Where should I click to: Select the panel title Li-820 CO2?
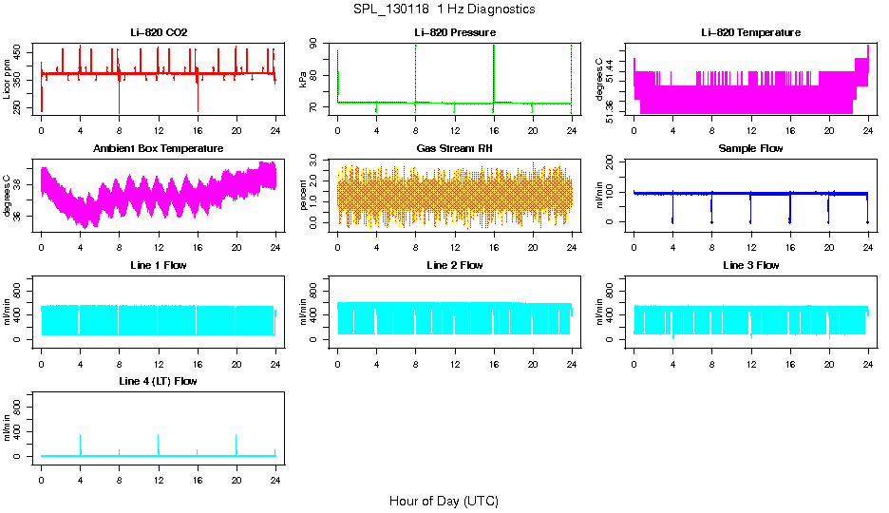pos(159,33)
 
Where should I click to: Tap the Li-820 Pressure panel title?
pos(455,33)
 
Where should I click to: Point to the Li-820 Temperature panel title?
pos(750,33)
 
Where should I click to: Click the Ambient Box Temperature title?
pos(159,149)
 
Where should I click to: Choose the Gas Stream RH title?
pos(455,149)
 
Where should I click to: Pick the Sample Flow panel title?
pos(750,149)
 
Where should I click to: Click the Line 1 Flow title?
pos(159,265)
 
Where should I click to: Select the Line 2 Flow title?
pos(455,265)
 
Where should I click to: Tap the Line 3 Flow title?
pos(750,265)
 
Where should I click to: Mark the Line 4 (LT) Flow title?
pos(159,381)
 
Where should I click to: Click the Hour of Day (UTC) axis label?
pos(444,501)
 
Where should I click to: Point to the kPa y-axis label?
pos(303,79)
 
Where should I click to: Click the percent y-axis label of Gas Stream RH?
pos(303,195)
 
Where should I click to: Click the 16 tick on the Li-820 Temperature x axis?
pos(789,131)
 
